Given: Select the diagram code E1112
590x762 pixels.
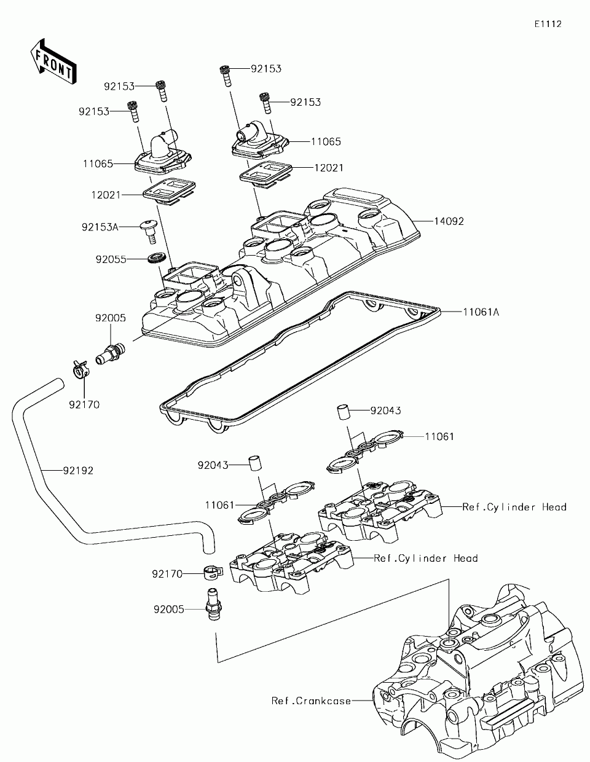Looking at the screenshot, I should coord(548,24).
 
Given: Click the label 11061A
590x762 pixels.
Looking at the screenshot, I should coord(481,312).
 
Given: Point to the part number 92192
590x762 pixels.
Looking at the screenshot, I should coord(77,471).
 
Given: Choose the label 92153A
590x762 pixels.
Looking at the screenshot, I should coord(100,227).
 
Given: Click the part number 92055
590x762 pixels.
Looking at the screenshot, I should coord(111,259).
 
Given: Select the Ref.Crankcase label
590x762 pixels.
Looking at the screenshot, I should coord(312,701).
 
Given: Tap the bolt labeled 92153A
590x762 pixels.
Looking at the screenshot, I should coord(147,229).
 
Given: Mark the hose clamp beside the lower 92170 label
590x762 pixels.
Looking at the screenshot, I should coord(211,574).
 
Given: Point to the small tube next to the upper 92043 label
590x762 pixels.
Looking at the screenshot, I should coord(343,411).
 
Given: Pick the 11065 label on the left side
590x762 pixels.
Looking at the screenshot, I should coord(98,164).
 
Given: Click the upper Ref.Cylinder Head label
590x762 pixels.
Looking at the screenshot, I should coord(514,507).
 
